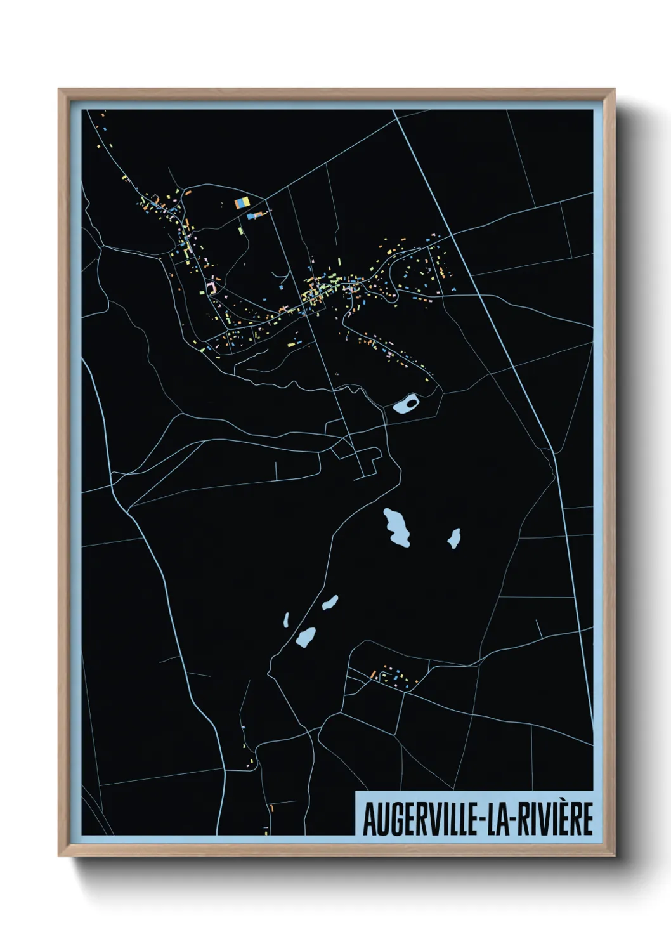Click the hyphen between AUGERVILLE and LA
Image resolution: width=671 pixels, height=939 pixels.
pyautogui.click(x=485, y=820)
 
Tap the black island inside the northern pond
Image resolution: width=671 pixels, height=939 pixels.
pyautogui.click(x=412, y=402)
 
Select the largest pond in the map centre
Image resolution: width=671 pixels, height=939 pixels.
pyautogui.click(x=397, y=527)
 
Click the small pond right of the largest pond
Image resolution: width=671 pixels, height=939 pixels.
pyautogui.click(x=453, y=539)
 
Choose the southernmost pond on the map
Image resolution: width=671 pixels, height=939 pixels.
pyautogui.click(x=306, y=636)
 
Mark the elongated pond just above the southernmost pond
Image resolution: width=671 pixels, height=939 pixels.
pyautogui.click(x=330, y=602)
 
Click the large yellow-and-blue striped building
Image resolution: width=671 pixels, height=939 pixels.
pyautogui.click(x=242, y=202)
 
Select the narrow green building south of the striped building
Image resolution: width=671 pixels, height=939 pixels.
pyautogui.click(x=241, y=230)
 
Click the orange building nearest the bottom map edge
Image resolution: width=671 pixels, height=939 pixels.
pyautogui.click(x=271, y=809)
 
